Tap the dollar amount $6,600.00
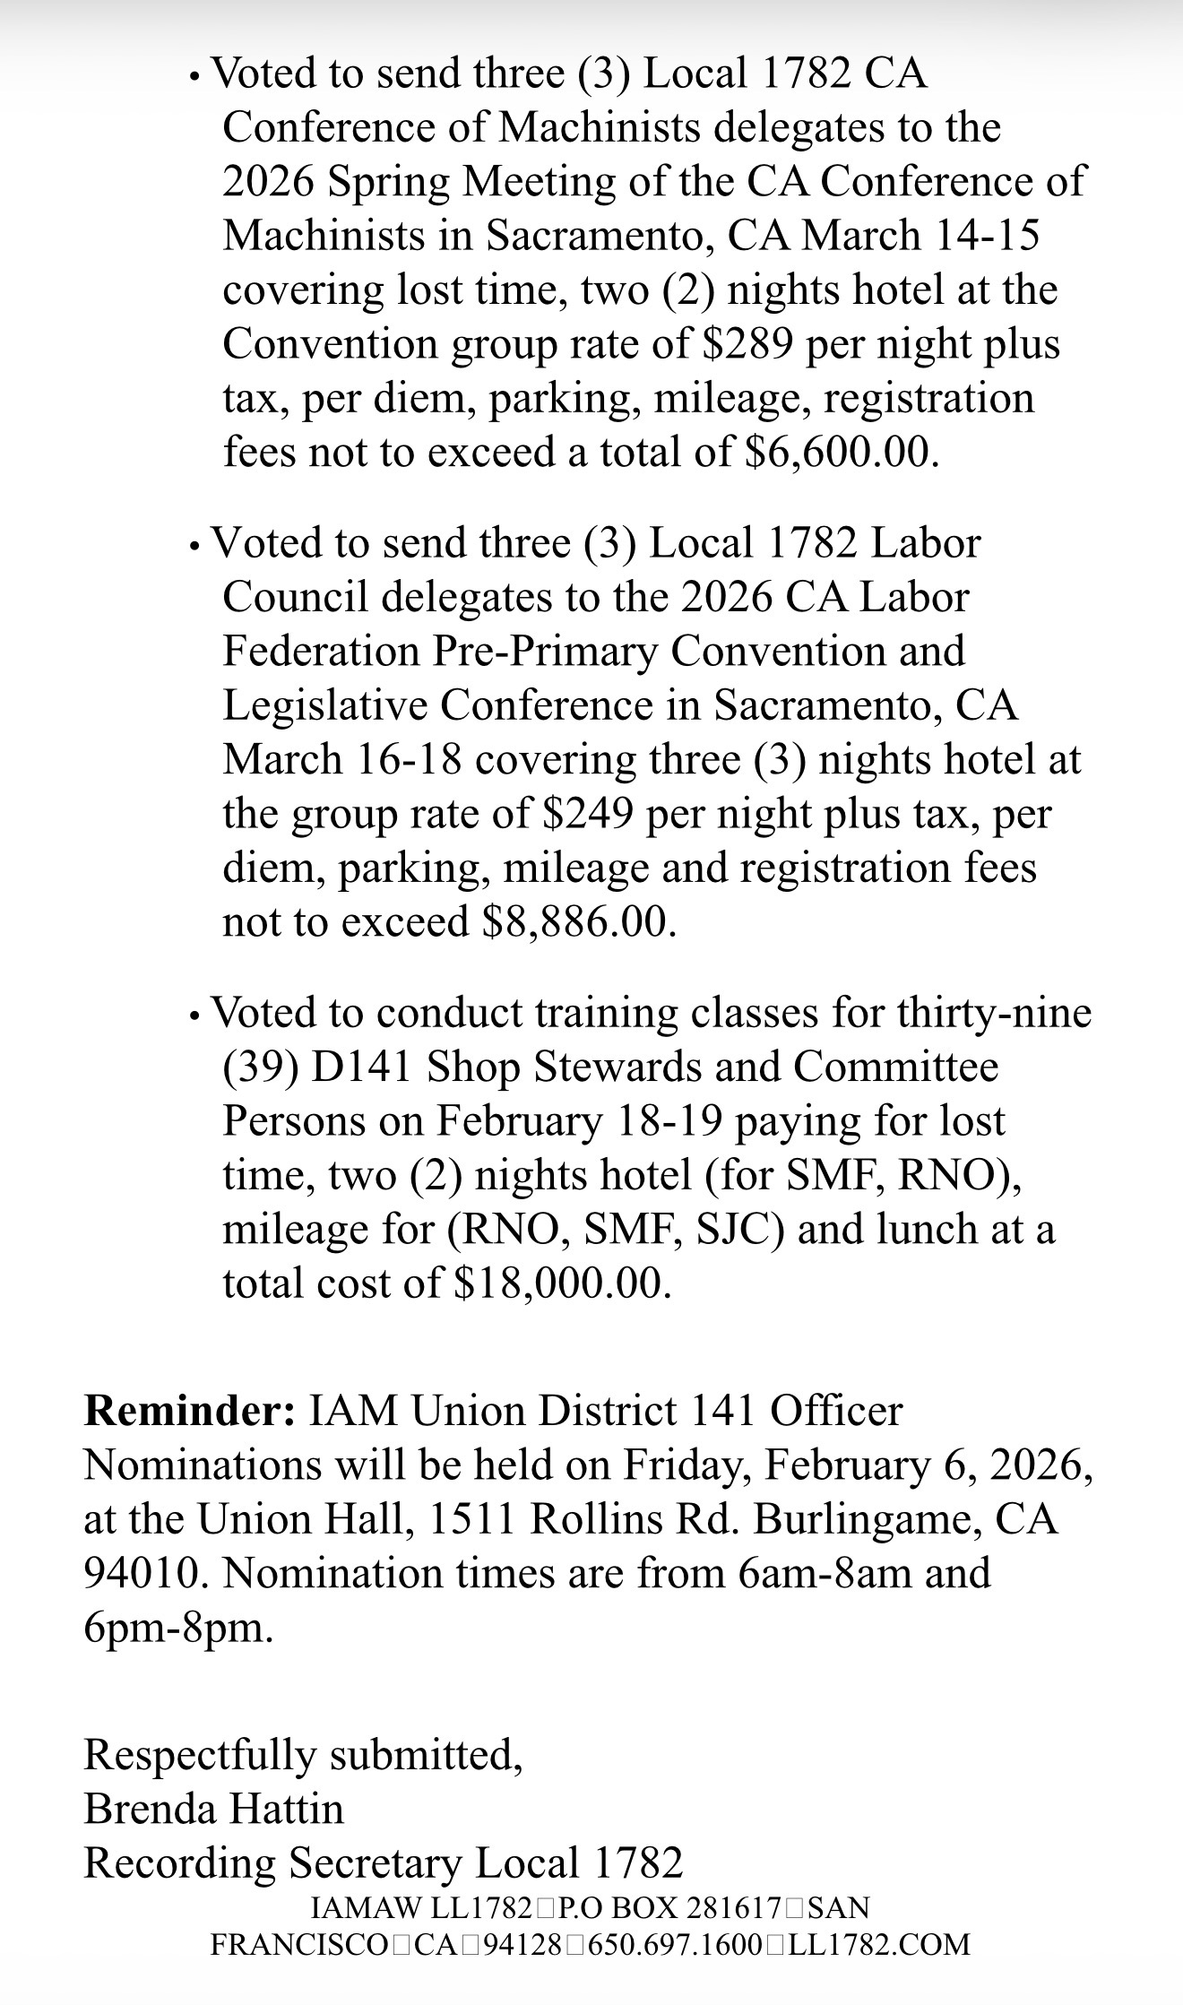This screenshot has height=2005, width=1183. tap(842, 452)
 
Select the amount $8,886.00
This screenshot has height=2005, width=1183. tap(578, 922)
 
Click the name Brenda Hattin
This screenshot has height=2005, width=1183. tap(213, 1809)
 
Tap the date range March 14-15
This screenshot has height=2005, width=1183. tap(920, 236)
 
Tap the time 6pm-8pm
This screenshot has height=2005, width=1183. tap(178, 1628)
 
